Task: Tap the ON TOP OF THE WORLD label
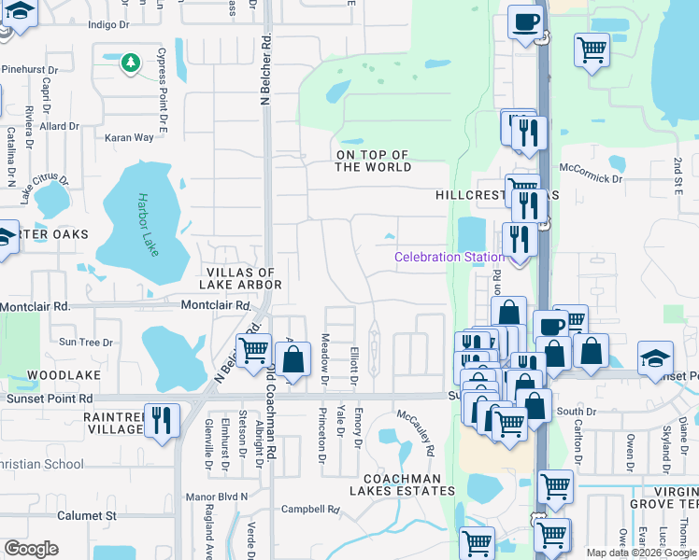373,161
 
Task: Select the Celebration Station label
440,257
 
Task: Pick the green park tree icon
131,63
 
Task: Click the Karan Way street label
129,137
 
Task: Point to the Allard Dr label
60,126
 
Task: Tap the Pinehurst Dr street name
29,69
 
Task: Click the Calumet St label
83,515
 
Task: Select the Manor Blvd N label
218,497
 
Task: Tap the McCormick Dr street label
591,177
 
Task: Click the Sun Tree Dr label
86,343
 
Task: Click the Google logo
31,549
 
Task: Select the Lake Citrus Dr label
45,186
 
